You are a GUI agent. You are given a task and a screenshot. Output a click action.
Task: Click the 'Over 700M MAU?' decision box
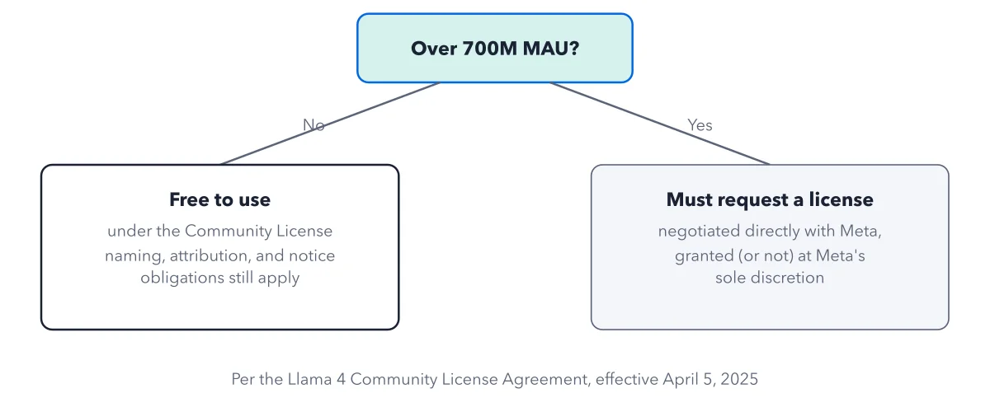(494, 48)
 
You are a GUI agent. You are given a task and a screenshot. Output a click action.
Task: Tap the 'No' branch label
(313, 125)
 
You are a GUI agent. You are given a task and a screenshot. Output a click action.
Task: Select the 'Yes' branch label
(700, 125)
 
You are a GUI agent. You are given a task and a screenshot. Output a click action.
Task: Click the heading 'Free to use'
(219, 199)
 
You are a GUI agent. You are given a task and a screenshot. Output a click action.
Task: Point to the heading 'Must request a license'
(770, 199)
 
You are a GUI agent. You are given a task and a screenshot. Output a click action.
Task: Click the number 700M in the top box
(490, 48)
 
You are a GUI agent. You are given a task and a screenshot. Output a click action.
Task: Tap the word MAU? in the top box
(551, 48)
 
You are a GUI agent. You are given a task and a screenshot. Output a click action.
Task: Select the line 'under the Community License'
(219, 231)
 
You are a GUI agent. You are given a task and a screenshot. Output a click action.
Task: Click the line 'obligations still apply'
(219, 278)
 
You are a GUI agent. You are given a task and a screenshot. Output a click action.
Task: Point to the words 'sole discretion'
(770, 278)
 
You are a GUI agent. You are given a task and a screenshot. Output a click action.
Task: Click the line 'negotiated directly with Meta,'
(770, 231)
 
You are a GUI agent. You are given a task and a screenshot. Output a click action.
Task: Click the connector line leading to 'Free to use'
(330, 124)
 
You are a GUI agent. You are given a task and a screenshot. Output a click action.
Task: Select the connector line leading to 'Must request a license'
(660, 124)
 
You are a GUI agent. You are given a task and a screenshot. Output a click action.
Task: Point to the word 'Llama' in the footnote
(309, 379)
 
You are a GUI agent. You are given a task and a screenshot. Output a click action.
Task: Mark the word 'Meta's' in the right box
(840, 255)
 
